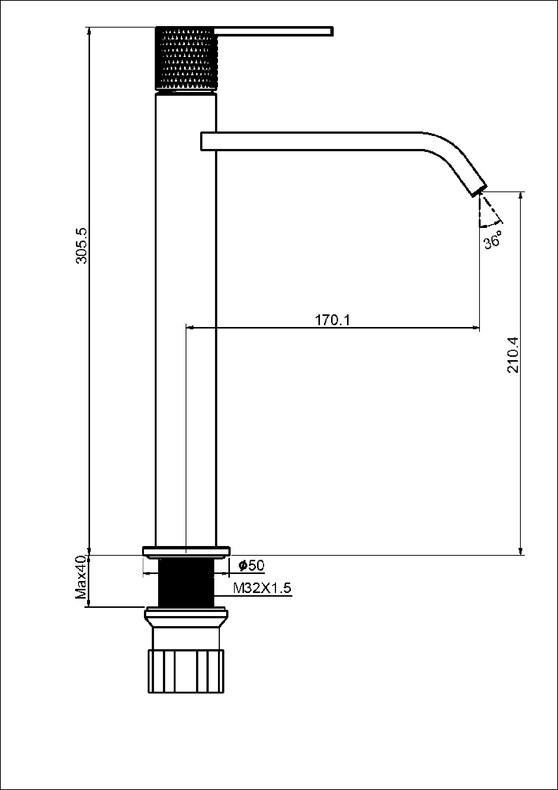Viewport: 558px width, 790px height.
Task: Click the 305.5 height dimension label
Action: [81, 246]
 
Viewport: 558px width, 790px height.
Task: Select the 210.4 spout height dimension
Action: [512, 355]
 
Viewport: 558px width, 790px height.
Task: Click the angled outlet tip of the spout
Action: [480, 190]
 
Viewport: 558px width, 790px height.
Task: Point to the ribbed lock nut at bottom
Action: [186, 671]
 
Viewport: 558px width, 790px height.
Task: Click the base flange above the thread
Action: [186, 551]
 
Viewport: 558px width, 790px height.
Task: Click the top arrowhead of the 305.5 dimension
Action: [89, 31]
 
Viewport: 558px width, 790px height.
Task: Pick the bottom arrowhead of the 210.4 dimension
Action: [520, 551]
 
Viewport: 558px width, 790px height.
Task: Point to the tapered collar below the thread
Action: [186, 618]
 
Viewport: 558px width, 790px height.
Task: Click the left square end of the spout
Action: [202, 141]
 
